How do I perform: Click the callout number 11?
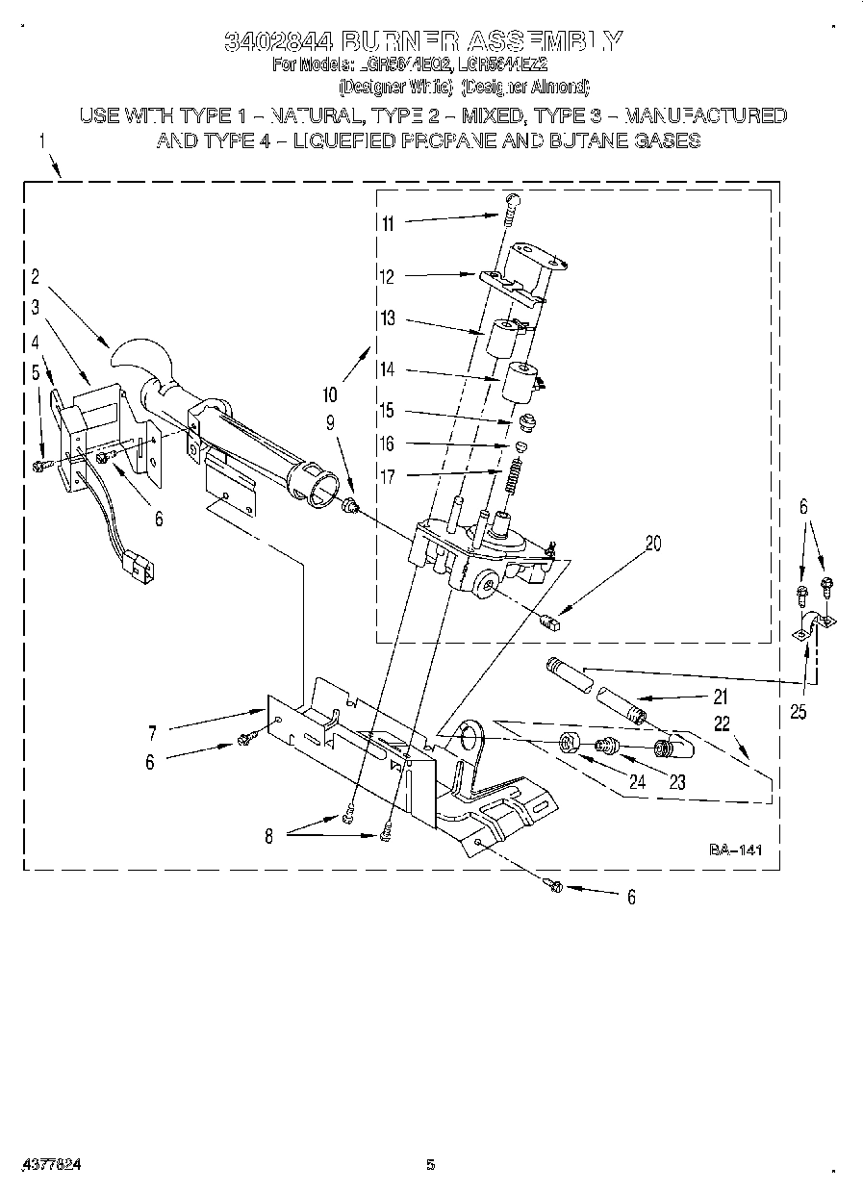(x=387, y=224)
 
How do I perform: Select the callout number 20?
(x=653, y=543)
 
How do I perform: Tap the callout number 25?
(x=798, y=713)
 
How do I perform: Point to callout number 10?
(x=330, y=393)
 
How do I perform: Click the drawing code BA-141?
(x=735, y=850)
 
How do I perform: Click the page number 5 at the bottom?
(x=431, y=1164)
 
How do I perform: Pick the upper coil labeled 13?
(x=503, y=338)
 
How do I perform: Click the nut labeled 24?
(x=569, y=742)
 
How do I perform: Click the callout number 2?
(x=35, y=278)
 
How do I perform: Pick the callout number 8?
(x=268, y=836)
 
